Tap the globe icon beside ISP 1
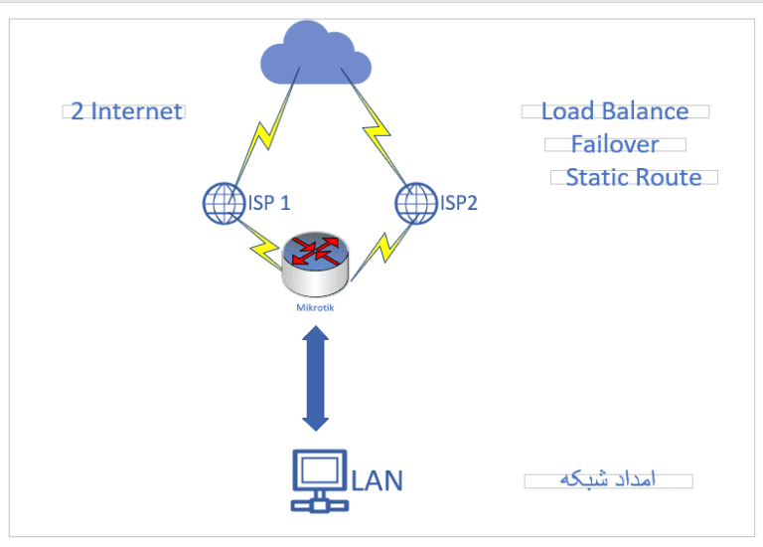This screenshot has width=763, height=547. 223,204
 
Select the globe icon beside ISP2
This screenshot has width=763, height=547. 417,204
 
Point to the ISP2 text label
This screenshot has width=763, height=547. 459,204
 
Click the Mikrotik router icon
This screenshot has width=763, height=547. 315,266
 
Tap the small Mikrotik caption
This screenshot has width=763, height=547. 315,308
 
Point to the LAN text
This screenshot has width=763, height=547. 378,481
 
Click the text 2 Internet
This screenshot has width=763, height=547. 126,111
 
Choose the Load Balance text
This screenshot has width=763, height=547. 615,111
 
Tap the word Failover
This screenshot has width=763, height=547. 615,145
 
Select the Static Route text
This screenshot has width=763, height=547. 634,178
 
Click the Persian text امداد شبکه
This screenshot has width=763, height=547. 608,481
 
